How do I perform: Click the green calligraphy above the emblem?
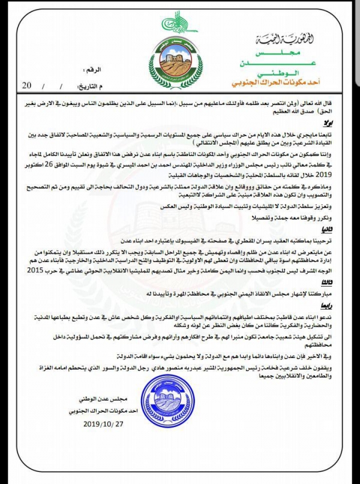coord(178,23)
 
